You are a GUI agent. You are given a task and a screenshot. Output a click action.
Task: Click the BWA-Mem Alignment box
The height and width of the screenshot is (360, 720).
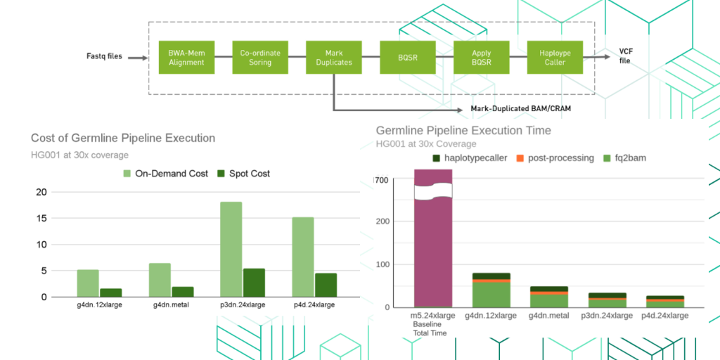point(186,58)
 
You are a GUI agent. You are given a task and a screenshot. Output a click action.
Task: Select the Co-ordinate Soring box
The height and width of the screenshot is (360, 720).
point(260,58)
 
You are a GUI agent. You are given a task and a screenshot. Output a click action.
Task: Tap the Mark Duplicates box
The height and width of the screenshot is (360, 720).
point(334,58)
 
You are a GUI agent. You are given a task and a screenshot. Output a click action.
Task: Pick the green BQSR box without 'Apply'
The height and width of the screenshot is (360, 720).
point(408,58)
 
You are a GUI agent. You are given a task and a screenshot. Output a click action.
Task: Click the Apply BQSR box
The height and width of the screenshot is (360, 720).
point(482,58)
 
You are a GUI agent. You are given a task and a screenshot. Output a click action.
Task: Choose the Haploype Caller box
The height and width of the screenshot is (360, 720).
point(555,58)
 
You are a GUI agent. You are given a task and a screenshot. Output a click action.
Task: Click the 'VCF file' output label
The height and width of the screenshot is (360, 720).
point(624,56)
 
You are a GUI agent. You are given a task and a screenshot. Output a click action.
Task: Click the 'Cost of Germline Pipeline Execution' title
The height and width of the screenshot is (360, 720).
point(123,138)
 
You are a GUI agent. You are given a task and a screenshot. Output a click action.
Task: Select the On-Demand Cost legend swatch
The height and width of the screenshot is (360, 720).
point(127,173)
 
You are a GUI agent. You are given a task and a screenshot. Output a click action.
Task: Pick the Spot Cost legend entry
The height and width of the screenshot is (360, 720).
point(243,173)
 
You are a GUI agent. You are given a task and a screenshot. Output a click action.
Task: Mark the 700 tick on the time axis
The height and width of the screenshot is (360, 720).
point(382,181)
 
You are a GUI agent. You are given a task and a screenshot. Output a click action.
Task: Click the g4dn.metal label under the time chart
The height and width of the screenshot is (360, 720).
point(548,316)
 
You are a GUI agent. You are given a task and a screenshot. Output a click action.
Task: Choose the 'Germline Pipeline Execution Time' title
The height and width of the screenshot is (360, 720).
point(463,130)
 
